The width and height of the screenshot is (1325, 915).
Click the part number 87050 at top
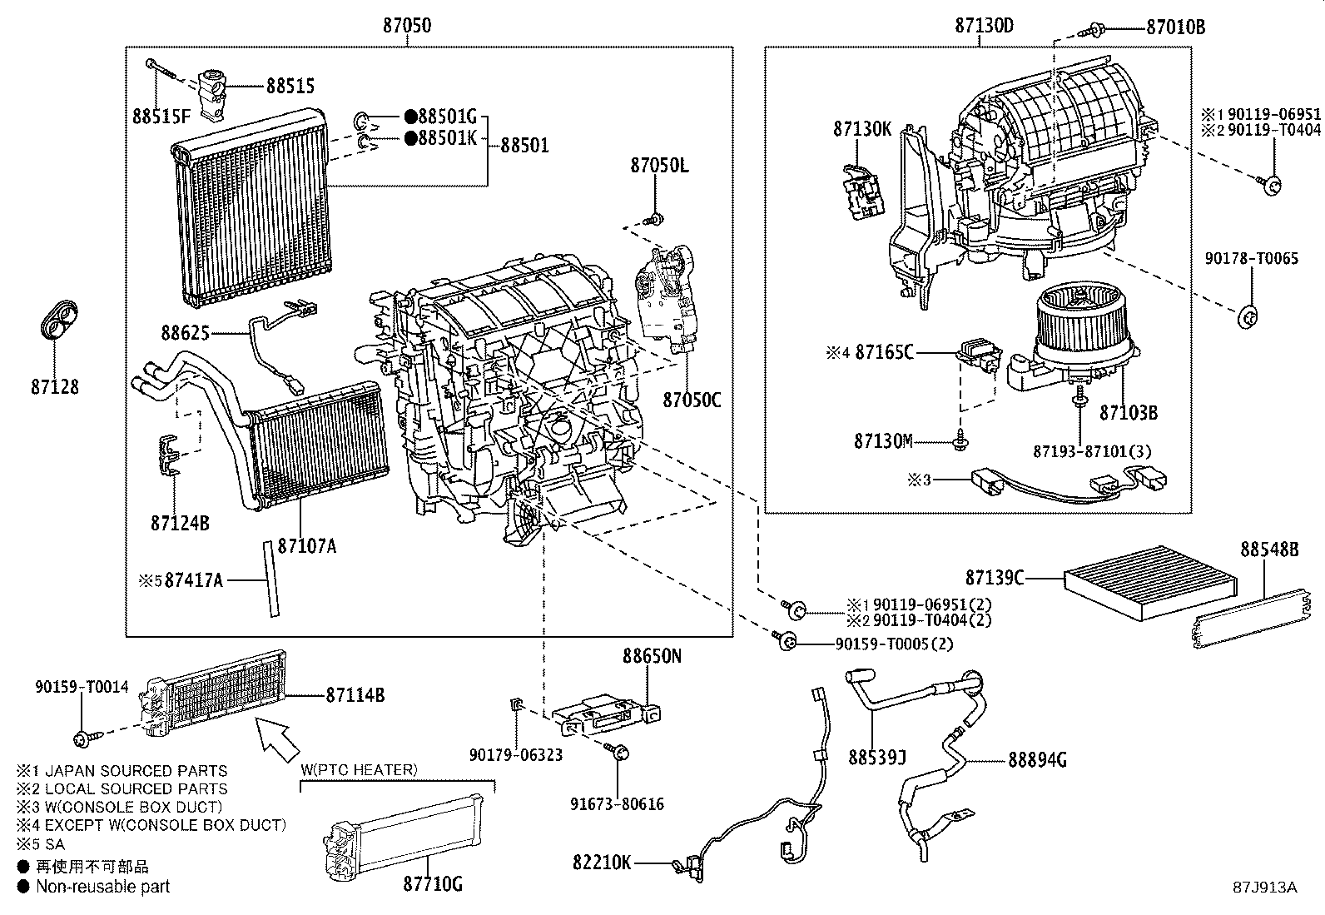pos(407,26)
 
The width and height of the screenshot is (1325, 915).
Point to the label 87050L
pos(659,165)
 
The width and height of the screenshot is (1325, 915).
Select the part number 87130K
pos(862,129)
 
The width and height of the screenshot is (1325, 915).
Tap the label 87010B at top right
pos(1175,27)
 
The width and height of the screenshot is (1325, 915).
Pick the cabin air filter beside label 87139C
pos(1149,580)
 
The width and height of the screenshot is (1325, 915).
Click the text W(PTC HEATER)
pos(358,769)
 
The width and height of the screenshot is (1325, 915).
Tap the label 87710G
pos(432,883)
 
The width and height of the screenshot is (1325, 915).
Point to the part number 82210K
pos(602,862)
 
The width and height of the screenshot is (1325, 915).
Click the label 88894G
pos(1037,759)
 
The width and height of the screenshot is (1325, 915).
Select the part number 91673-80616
pos(617,803)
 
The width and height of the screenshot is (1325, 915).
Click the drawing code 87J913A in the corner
pos(1265,887)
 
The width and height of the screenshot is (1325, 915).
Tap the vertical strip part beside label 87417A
pos(269,578)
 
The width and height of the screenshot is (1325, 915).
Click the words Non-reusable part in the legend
pos(102,887)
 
